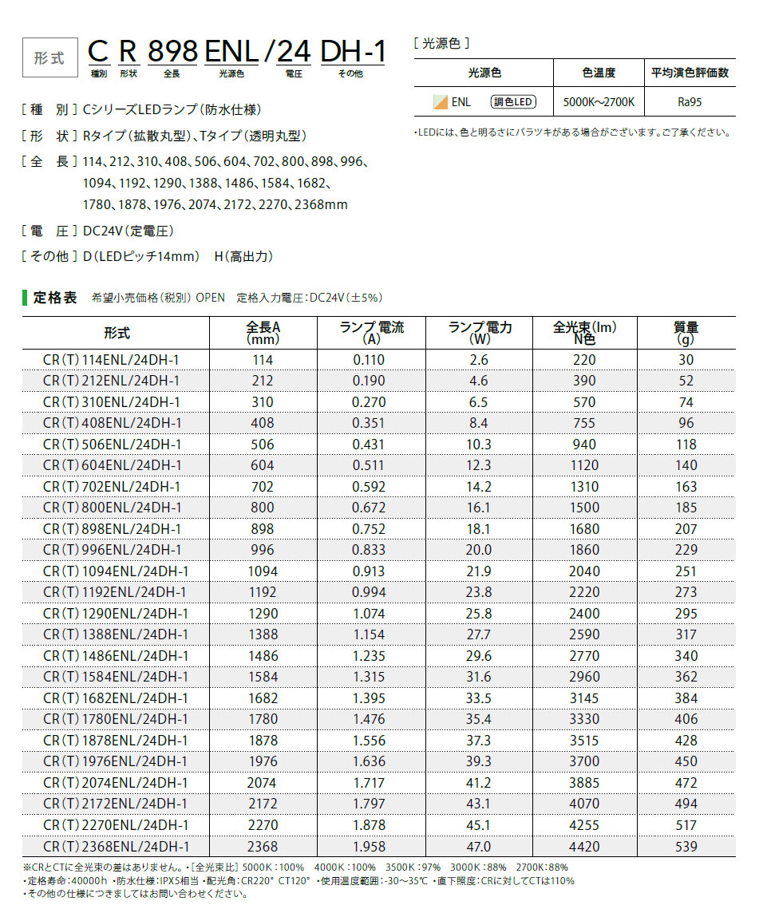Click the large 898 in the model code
click(172, 53)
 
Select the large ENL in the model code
click(231, 53)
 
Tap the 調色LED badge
click(513, 101)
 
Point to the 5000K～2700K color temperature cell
click(599, 102)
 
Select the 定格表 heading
click(55, 298)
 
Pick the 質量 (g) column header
click(686, 333)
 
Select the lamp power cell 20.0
click(479, 550)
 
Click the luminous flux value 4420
click(584, 846)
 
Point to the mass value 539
click(686, 846)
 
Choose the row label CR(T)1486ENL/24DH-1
click(116, 656)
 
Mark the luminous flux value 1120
click(584, 465)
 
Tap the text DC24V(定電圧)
click(128, 231)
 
